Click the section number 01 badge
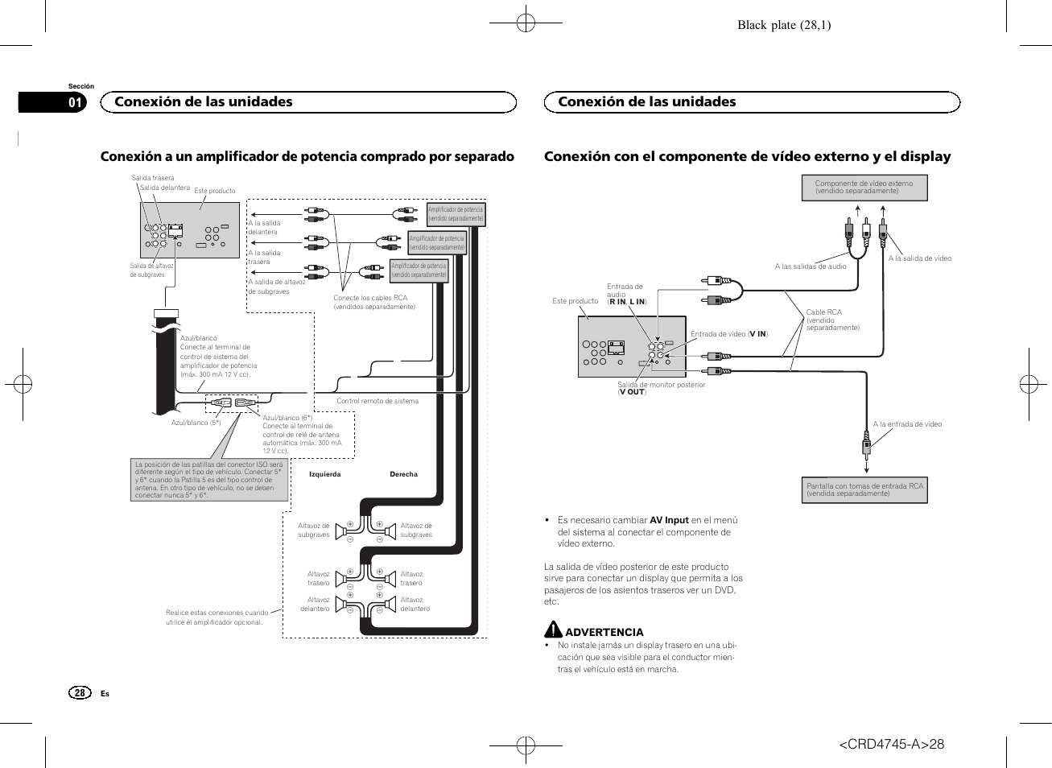[x=75, y=102]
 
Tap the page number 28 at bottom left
[x=79, y=693]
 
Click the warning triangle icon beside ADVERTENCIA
[x=553, y=630]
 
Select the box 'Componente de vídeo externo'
[x=864, y=188]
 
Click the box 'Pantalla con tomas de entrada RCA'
[x=864, y=490]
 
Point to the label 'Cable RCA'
[x=823, y=312]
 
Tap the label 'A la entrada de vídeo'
[x=907, y=424]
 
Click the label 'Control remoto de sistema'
[x=377, y=401]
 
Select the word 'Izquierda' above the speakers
[x=324, y=474]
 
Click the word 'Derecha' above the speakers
[x=403, y=474]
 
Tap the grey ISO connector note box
[x=208, y=480]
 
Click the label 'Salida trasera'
[x=153, y=178]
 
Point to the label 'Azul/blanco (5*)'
[x=196, y=423]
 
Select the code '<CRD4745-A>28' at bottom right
[x=891, y=744]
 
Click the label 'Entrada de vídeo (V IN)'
[x=728, y=334]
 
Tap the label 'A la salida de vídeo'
[x=919, y=258]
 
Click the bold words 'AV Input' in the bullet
[x=669, y=520]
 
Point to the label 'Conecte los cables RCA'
[x=370, y=298]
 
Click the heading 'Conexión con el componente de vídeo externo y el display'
[x=747, y=156]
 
